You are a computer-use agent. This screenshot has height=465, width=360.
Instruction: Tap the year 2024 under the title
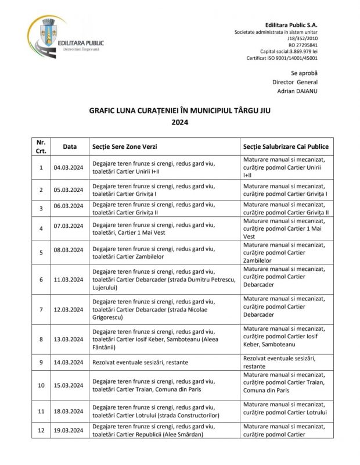tap(180, 122)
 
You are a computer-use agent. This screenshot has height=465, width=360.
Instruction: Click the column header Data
tap(69, 147)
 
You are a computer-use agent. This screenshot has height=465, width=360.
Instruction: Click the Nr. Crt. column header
tap(41, 147)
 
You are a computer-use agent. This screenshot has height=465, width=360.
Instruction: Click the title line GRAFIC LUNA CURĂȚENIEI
tap(180, 110)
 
